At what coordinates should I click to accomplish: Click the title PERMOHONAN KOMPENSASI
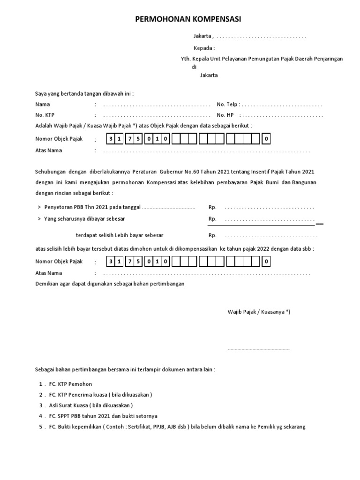tap(188, 19)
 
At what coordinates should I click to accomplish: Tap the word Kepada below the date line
tap(203, 48)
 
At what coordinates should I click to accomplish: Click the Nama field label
tap(43, 104)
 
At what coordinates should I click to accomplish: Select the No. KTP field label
tap(45, 115)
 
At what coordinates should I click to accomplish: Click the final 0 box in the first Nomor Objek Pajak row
tap(266, 139)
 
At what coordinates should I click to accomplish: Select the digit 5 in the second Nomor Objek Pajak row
tap(139, 261)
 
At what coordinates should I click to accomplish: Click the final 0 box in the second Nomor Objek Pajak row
tap(266, 261)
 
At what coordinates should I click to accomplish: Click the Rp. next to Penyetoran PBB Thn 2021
tap(212, 207)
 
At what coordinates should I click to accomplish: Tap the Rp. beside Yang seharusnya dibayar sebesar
tap(212, 219)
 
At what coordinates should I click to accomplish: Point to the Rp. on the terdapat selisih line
tap(212, 235)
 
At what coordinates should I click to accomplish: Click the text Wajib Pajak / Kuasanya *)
tap(259, 312)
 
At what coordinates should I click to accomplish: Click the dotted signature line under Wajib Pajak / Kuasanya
tap(259, 349)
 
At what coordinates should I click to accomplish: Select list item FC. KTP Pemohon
tap(71, 384)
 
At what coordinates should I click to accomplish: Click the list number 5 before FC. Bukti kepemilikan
tap(41, 427)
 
